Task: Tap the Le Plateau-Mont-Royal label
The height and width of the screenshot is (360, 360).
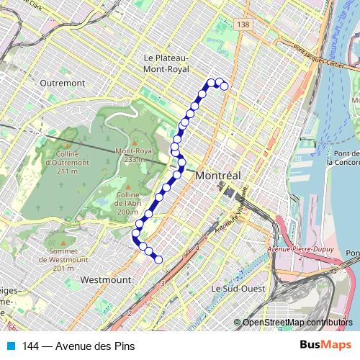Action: (x=166, y=63)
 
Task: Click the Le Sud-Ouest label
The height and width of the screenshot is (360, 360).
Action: (x=234, y=288)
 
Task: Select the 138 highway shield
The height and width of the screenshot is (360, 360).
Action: (x=245, y=24)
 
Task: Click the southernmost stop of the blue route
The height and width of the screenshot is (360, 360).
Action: (x=159, y=260)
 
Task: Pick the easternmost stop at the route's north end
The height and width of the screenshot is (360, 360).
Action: (x=224, y=86)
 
